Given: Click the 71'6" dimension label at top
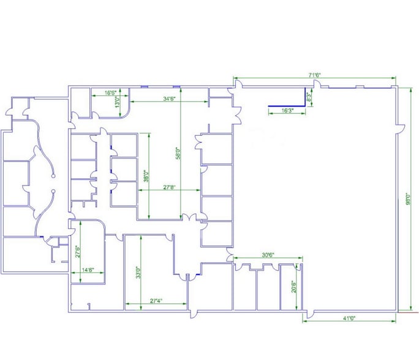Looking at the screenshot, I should coord(315,75).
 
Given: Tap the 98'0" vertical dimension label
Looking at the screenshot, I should coord(407,200).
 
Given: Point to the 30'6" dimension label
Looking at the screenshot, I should coord(268,255).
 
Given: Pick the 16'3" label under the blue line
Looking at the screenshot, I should coord(287,110).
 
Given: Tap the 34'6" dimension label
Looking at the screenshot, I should coord(170,99).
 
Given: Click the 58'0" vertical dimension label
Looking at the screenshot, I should coord(178,152).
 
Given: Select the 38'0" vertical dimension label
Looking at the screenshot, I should coord(146,176).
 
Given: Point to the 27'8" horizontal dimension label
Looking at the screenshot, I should coord(169,187).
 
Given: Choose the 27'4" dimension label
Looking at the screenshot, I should coord(156,301).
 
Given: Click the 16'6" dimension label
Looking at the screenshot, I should coord(111,93).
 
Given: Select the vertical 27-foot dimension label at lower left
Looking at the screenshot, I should coord(78,252).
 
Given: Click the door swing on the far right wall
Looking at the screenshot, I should coord(401,129).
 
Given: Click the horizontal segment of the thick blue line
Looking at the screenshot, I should coord(286,105).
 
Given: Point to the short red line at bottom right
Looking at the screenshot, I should coord(405,312).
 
